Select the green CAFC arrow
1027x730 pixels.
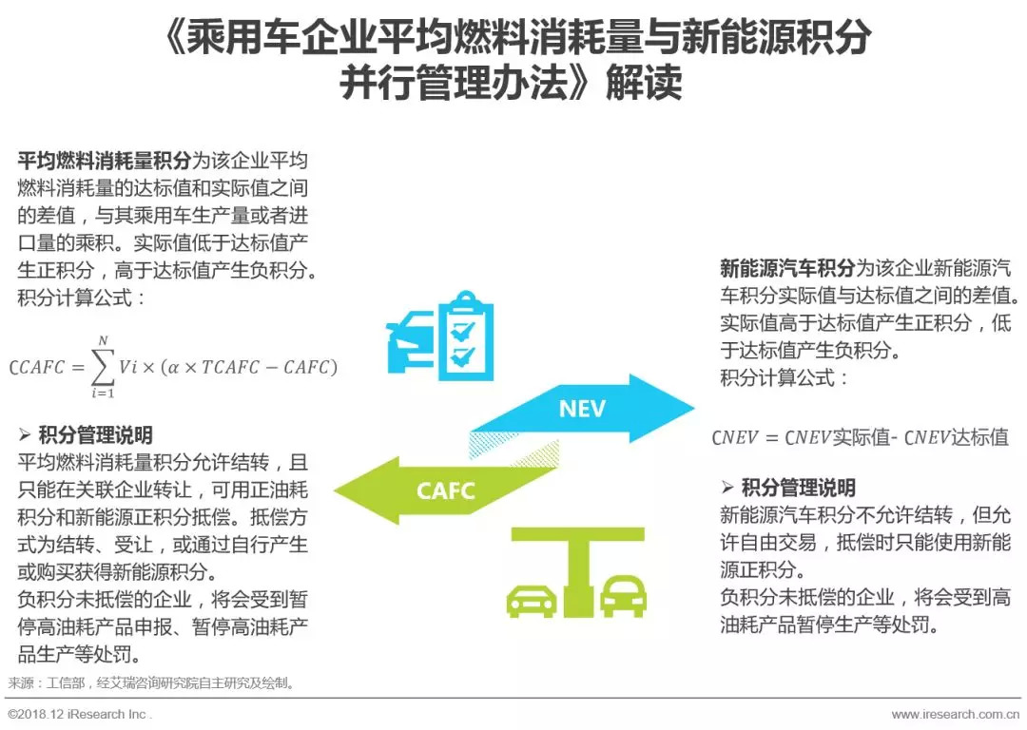tap(447, 490)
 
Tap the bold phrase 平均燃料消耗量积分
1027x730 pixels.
tap(105, 160)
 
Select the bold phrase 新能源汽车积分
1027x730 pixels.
tap(788, 268)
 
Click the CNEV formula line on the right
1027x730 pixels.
tap(860, 438)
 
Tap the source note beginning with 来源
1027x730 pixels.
tap(152, 683)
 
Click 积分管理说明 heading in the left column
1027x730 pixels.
tap(95, 436)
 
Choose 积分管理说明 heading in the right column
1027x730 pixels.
tap(798, 489)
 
